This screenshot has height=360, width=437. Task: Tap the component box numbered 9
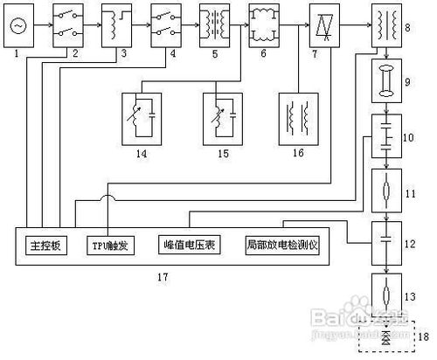(385, 87)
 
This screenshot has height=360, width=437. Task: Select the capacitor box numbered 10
(385, 137)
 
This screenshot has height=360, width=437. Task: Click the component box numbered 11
(385, 188)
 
